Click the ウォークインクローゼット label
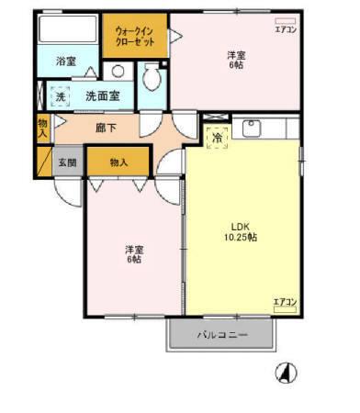tap(134, 37)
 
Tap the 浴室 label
tap(65, 61)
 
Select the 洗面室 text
tap(103, 95)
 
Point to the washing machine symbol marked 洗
tap(60, 95)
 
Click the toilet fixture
tap(152, 82)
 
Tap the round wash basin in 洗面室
tap(118, 72)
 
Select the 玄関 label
tap(67, 162)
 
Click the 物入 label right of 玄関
tap(118, 162)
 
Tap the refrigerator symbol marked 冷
tap(217, 138)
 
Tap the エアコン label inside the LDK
tap(285, 302)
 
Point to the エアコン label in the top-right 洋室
tap(285, 30)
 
